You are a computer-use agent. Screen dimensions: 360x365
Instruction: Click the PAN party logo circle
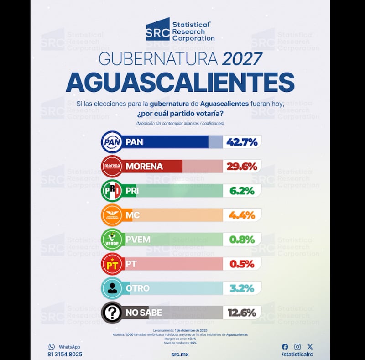(x=112, y=142)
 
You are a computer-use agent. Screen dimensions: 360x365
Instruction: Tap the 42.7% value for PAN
(x=241, y=142)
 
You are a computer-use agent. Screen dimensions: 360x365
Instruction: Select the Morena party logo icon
(x=112, y=167)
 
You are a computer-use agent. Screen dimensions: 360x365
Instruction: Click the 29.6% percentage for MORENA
(x=241, y=167)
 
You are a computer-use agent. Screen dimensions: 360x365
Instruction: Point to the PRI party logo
(x=112, y=191)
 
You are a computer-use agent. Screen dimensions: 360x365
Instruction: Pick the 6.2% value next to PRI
(x=241, y=191)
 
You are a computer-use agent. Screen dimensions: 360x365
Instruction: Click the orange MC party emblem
(x=112, y=215)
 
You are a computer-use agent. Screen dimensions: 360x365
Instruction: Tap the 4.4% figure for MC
(x=241, y=215)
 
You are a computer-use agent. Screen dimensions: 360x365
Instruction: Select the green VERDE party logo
(x=112, y=240)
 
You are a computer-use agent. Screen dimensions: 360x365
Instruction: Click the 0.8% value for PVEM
(x=241, y=240)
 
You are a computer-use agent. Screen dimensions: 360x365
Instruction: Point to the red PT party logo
(x=112, y=264)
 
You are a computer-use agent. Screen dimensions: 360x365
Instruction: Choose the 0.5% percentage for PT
(x=241, y=264)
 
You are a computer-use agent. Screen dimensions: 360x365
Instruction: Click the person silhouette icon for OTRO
(x=112, y=288)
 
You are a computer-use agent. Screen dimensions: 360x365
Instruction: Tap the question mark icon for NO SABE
(x=112, y=313)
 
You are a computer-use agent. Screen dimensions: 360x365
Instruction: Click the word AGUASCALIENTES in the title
(x=180, y=83)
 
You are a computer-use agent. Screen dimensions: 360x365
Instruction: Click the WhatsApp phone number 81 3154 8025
(x=65, y=354)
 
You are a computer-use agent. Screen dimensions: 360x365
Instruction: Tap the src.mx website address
(x=180, y=354)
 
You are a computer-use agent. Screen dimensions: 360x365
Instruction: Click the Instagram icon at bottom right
(x=297, y=347)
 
